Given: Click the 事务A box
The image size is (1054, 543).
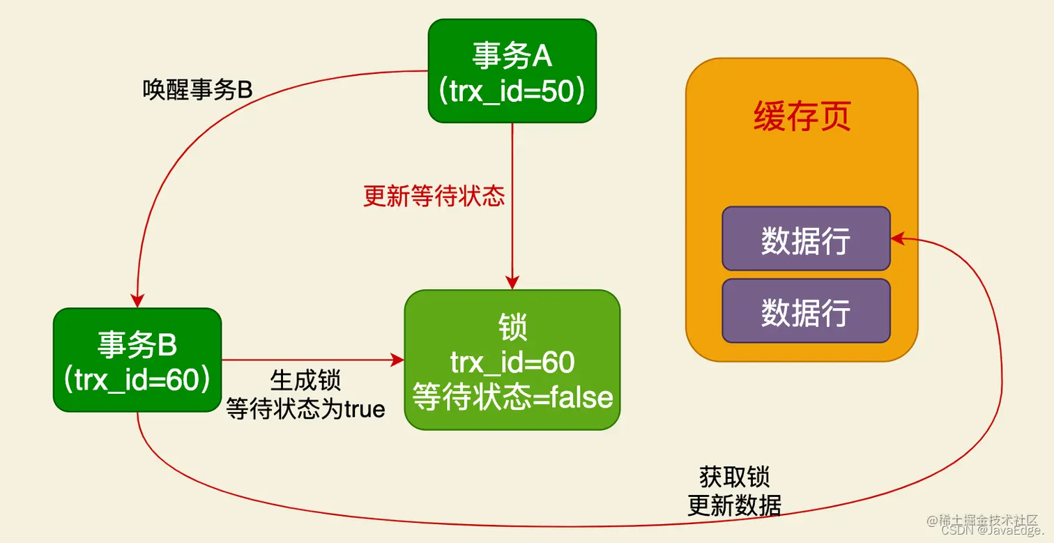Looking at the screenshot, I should (512, 71).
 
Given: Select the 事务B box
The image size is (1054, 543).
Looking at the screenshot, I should (137, 360).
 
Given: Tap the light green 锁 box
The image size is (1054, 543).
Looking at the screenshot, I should (512, 360).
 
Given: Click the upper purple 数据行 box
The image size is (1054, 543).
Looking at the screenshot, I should (806, 238).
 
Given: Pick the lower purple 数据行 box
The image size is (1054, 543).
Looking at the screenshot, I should (806, 311).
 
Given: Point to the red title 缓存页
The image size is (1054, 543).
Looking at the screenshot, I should (802, 117).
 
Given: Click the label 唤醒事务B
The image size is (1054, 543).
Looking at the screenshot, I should (197, 90).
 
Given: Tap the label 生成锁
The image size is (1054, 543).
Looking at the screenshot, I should (305, 381).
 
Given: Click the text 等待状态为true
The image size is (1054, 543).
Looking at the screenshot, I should (305, 408).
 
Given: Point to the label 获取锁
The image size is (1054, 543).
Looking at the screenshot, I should (734, 477).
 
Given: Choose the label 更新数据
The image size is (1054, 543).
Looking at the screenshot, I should (734, 505).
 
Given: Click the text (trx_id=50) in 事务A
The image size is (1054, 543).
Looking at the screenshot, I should (512, 91).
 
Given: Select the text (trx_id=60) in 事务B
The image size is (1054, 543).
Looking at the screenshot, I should (137, 381).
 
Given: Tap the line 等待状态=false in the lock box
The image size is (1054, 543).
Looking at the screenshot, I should (512, 397).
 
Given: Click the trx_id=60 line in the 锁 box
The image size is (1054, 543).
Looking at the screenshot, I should (512, 362).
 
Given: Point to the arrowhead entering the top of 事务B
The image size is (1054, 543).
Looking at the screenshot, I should (138, 300).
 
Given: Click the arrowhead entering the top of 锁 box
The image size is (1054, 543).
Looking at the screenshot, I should (512, 282).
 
